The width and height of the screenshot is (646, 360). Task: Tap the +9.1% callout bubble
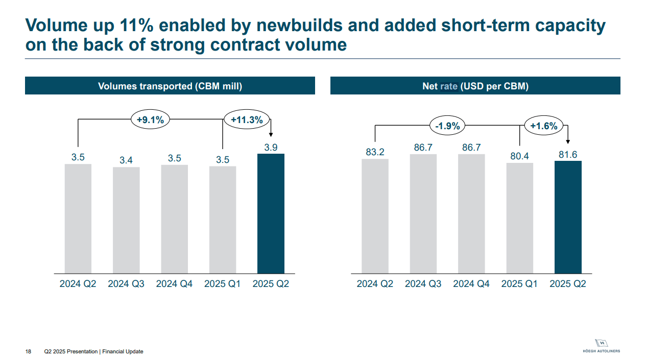click(x=150, y=120)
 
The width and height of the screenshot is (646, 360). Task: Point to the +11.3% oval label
click(x=247, y=120)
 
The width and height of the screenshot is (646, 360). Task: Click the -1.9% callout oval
click(x=447, y=126)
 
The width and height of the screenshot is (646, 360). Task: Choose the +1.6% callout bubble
click(x=543, y=126)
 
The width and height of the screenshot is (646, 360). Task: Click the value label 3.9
click(x=271, y=148)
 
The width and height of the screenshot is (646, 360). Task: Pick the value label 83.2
click(x=375, y=152)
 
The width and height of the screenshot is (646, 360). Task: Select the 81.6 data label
click(x=568, y=154)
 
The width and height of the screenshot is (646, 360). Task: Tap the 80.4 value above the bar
click(x=519, y=156)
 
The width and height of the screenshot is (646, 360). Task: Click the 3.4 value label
click(x=126, y=160)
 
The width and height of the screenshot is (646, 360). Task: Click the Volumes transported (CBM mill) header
click(x=170, y=86)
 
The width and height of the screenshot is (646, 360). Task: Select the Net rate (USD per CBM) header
click(x=475, y=86)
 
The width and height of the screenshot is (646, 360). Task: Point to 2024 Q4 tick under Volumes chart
click(x=174, y=284)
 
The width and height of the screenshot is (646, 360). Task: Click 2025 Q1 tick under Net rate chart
click(x=519, y=284)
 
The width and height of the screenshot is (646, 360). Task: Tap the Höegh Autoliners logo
click(x=601, y=346)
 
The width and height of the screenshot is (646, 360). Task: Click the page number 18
click(x=28, y=351)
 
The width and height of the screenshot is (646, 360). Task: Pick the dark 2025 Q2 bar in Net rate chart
click(x=568, y=217)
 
